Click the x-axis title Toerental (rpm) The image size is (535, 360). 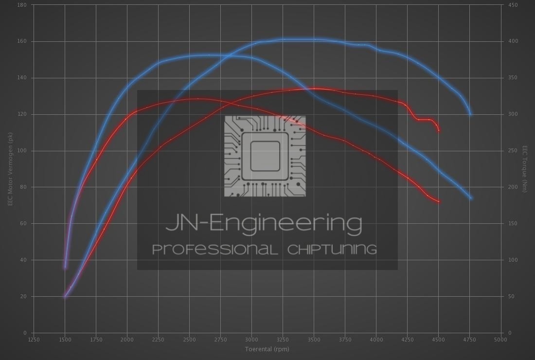[267, 349]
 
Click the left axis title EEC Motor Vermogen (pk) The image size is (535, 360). [10, 168]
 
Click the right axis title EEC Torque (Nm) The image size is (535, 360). [525, 168]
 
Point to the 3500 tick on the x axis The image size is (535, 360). [314, 340]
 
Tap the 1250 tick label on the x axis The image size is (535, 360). [34, 340]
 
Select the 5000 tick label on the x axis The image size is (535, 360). [500, 340]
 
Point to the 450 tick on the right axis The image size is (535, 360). [513, 5]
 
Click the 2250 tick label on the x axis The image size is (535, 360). [158, 340]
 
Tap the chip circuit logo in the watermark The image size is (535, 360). [265, 156]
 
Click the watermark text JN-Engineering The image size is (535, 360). [264, 223]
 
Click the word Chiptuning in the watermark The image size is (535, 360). [332, 250]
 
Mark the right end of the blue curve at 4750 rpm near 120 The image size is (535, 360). [470, 114]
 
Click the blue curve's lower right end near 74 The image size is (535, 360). [471, 198]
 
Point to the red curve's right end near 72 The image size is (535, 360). [439, 201]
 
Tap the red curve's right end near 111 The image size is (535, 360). [439, 130]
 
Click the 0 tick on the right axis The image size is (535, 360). [508, 333]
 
